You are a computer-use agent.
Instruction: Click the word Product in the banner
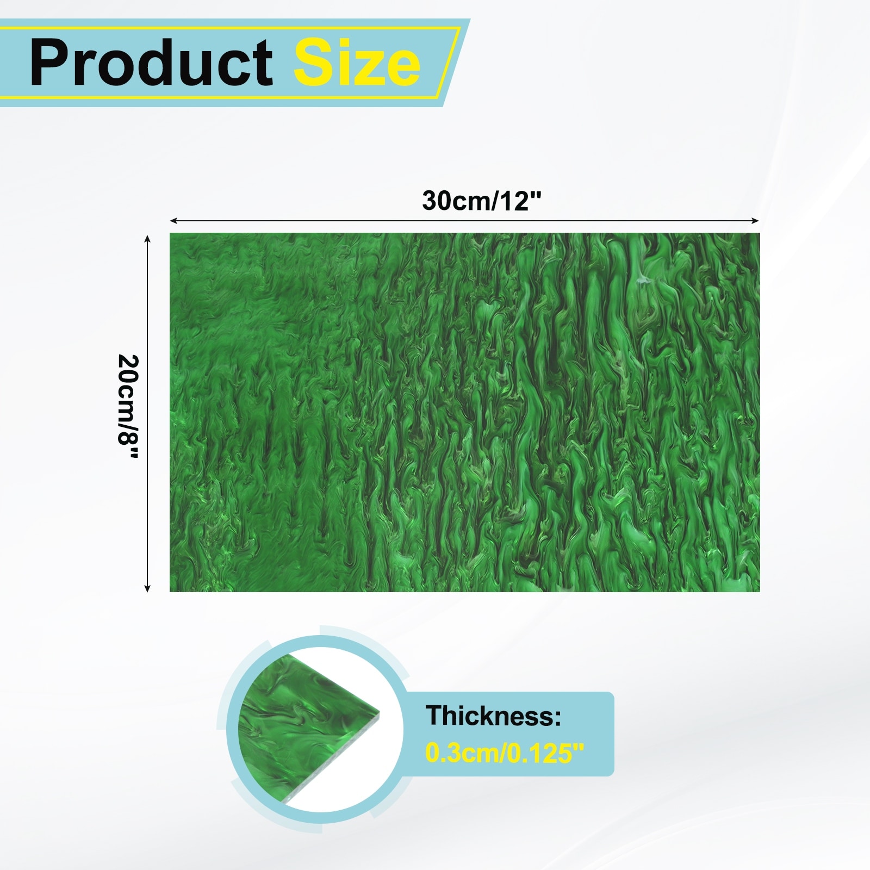click(x=151, y=63)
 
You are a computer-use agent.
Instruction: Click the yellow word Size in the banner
click(x=357, y=63)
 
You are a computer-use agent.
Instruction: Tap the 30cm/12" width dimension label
click(x=482, y=201)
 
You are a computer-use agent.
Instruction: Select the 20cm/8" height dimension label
click(x=128, y=407)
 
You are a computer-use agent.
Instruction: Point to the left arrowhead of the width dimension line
click(x=173, y=221)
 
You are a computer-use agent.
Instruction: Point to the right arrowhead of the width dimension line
click(x=755, y=221)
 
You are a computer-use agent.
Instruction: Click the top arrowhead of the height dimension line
click(x=147, y=238)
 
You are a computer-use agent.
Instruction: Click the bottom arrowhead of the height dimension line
click(x=147, y=588)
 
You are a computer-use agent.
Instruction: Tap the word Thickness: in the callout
click(x=493, y=716)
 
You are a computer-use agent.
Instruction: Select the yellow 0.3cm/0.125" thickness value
click(x=505, y=753)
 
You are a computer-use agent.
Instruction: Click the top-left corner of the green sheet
click(x=170, y=234)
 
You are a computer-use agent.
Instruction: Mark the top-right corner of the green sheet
click(x=760, y=234)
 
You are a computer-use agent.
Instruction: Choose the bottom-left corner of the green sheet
click(x=170, y=592)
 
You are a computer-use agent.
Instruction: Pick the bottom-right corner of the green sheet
click(x=760, y=592)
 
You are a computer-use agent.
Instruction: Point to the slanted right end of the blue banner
click(x=457, y=63)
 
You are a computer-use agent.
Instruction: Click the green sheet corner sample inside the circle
click(x=304, y=729)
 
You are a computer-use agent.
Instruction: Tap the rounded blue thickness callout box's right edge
click(x=613, y=734)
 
